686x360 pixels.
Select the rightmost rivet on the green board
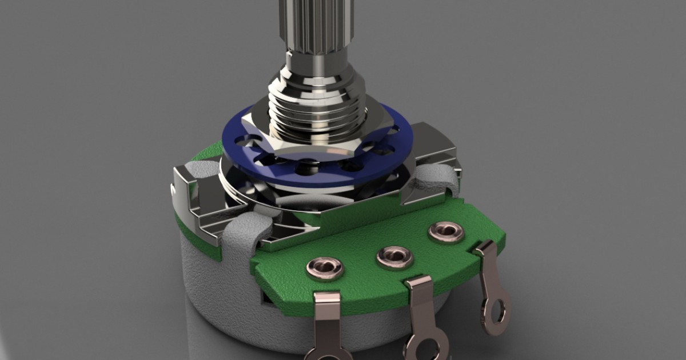point(445,231)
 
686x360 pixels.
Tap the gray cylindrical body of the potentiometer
point(229,297)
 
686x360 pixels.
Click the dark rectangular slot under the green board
point(266,297)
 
